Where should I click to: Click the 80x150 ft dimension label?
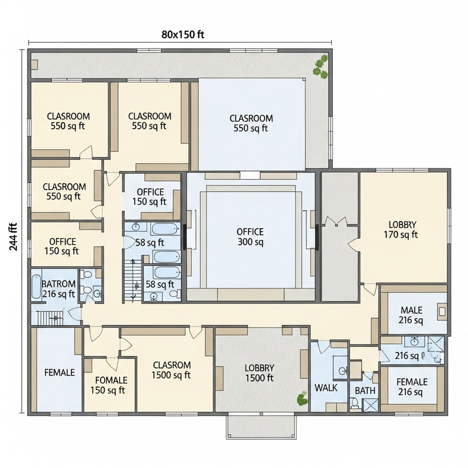point(183,34)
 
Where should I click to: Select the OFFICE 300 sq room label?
point(250,236)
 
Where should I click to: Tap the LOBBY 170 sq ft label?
point(402,230)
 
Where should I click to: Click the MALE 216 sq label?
point(411,315)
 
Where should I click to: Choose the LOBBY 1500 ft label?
point(259,373)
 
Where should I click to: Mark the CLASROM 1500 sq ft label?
point(171,370)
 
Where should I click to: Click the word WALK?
point(326,387)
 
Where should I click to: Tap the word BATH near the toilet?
point(365,390)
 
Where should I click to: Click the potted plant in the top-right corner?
point(319,66)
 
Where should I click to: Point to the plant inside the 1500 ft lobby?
point(302,400)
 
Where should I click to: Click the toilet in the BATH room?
point(354,402)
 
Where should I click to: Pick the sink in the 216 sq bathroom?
point(414,340)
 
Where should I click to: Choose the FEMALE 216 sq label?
point(412,387)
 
